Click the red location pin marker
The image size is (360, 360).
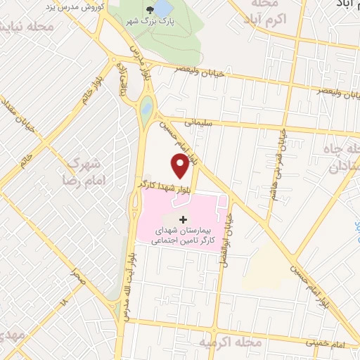pyautogui.click(x=181, y=165)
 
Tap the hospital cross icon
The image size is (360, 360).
pyautogui.click(x=184, y=220)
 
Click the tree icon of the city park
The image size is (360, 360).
pyautogui.click(x=148, y=10)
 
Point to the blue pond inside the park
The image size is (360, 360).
pyautogui.click(x=163, y=8)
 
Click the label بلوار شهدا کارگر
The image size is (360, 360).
pyautogui.click(x=160, y=185)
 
